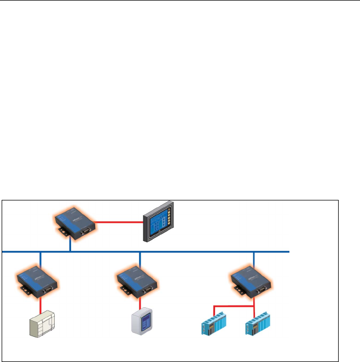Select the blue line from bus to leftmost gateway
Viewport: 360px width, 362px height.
click(x=40, y=258)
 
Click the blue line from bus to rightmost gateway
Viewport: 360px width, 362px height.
click(x=254, y=258)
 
